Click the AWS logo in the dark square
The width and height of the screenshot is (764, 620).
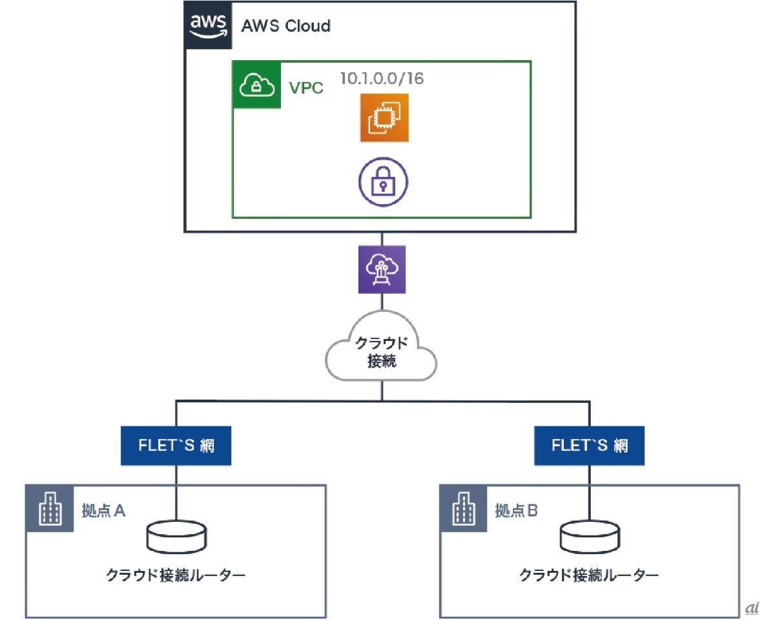click(x=208, y=25)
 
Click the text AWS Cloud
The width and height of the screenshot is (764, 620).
click(x=285, y=26)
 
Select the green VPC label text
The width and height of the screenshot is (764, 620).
click(x=306, y=87)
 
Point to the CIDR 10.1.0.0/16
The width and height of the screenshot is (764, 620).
click(x=382, y=78)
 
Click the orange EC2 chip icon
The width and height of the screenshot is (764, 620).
click(x=384, y=118)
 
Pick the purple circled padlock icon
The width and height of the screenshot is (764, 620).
click(x=384, y=182)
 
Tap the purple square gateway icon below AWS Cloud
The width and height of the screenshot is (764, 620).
click(x=382, y=269)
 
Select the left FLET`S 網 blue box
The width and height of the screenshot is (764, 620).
click(x=176, y=446)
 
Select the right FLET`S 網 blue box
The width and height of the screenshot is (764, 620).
click(x=590, y=446)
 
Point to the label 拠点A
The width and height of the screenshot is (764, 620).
click(x=103, y=511)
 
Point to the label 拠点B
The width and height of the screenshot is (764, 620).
click(x=516, y=511)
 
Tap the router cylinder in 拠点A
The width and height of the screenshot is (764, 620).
click(x=176, y=537)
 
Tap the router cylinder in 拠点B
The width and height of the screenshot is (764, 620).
click(x=590, y=537)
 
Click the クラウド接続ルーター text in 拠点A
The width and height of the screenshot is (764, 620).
click(x=176, y=575)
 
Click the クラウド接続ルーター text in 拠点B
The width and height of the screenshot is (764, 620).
click(x=590, y=575)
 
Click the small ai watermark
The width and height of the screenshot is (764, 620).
click(x=750, y=608)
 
